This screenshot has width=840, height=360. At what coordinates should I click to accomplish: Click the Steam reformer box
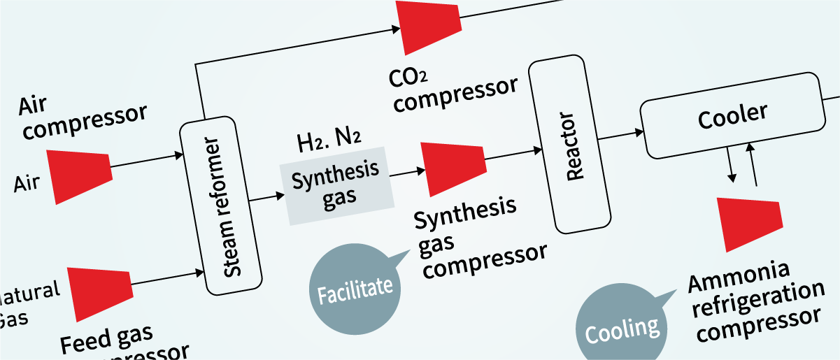coord(220,207)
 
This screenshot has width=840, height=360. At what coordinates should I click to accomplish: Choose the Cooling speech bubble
coord(621,326)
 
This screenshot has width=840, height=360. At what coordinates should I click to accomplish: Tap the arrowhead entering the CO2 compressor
coord(394,29)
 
